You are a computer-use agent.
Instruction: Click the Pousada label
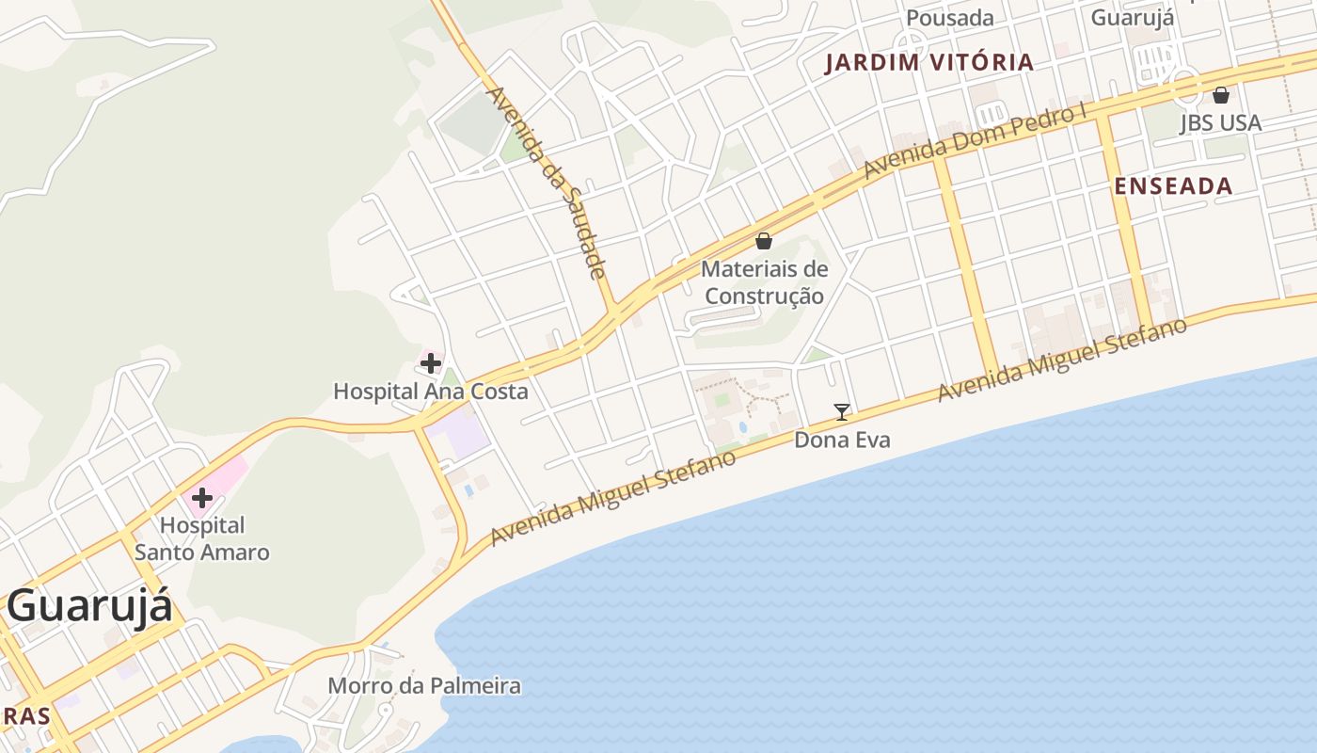point(949,18)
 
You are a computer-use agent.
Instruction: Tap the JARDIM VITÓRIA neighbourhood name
point(929,63)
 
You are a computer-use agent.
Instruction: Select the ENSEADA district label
point(1173,186)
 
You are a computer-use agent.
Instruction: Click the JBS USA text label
point(1220,123)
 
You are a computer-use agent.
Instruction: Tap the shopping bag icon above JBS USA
point(1220,95)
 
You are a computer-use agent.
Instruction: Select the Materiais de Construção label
point(764,282)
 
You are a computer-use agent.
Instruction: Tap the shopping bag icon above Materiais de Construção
point(764,241)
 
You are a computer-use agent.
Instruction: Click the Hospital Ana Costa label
point(431,391)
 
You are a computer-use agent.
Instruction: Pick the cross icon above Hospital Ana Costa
point(431,362)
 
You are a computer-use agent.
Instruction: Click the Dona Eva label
point(842,440)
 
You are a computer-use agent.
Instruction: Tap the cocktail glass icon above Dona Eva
point(842,411)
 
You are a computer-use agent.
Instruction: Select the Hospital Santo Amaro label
point(202,538)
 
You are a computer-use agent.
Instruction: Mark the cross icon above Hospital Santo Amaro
point(202,497)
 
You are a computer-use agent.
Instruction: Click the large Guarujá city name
point(89,605)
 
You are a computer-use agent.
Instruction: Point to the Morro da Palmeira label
point(424,685)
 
